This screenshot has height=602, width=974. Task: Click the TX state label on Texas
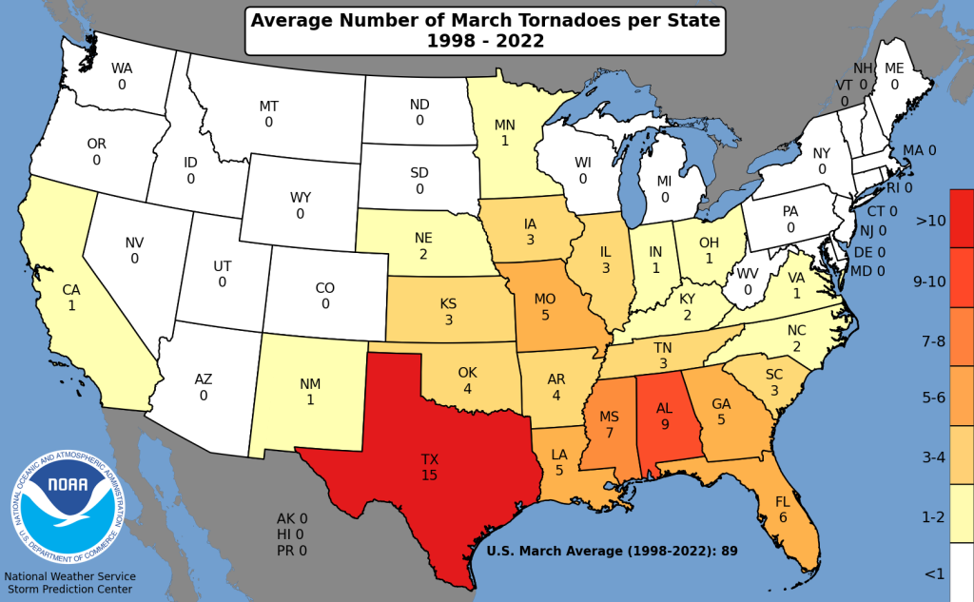tap(430, 458)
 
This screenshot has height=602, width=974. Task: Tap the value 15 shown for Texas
tap(430, 475)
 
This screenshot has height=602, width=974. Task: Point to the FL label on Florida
tap(783, 501)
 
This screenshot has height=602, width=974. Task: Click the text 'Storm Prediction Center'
tap(68, 591)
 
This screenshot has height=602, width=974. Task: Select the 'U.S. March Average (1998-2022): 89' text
tap(613, 550)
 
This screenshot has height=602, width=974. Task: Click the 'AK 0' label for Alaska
tap(292, 518)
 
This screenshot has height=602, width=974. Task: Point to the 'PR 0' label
tap(292, 550)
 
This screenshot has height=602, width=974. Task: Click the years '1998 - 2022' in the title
tap(486, 41)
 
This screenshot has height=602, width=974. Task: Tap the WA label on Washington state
tap(122, 68)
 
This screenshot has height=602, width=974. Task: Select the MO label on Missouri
tap(544, 299)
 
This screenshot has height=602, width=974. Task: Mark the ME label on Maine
tap(894, 68)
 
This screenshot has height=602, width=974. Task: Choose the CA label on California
tap(72, 290)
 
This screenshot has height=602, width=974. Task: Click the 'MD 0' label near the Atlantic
tap(867, 270)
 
